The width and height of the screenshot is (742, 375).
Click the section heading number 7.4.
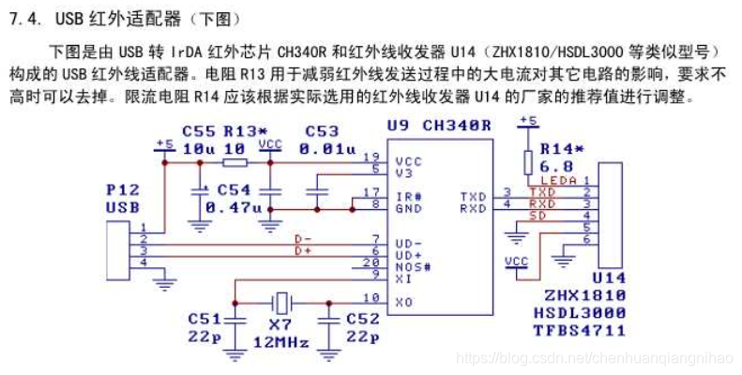pyautogui.click(x=23, y=20)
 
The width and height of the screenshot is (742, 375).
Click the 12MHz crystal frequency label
pyautogui.click(x=281, y=343)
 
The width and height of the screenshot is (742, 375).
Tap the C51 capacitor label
pyautogui.click(x=205, y=319)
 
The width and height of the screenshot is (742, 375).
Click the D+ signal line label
pyautogui.click(x=303, y=251)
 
